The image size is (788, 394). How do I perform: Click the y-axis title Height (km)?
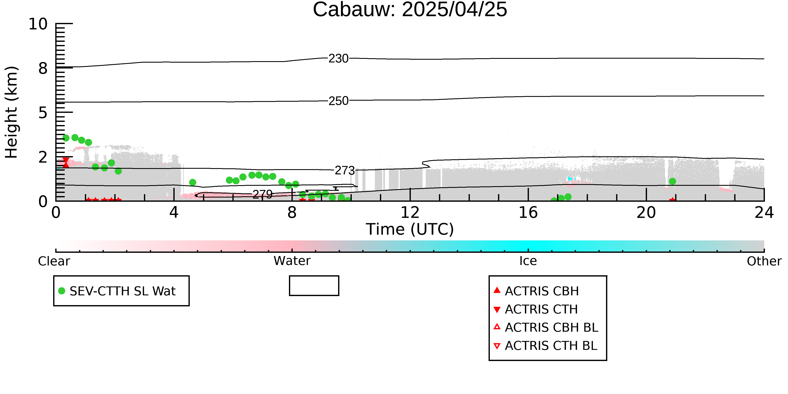coord(12,112)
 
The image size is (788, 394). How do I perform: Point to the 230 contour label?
coord(338,58)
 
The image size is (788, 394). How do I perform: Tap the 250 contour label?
coord(338,101)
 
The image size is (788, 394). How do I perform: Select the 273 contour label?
coord(345,170)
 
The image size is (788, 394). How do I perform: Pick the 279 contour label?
coord(262,194)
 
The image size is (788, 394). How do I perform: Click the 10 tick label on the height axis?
coord(38,24)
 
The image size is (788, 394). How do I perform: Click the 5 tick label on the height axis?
coord(43,113)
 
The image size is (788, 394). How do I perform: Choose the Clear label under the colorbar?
coord(54,261)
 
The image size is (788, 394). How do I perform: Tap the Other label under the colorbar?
coord(764,261)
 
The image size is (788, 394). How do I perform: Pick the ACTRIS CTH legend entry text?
coord(541,309)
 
